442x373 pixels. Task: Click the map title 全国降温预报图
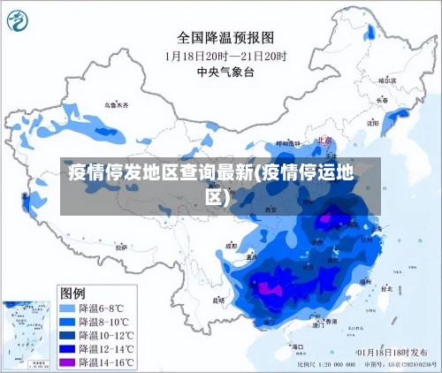click(226, 37)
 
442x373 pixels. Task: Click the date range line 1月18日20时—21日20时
click(226, 55)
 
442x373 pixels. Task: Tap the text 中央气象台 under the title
click(226, 71)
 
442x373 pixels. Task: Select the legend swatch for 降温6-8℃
click(66, 308)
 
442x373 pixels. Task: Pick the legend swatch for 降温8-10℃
click(66, 322)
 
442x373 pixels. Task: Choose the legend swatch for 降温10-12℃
click(66, 336)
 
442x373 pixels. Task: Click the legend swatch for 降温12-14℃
click(66, 349)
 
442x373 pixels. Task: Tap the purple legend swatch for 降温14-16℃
click(66, 362)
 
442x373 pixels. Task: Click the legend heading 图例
click(72, 292)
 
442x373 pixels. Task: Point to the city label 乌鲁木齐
click(116, 105)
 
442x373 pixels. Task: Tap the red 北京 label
click(324, 140)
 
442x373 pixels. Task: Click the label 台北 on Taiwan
click(386, 288)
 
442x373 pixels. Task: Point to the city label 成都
click(232, 245)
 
